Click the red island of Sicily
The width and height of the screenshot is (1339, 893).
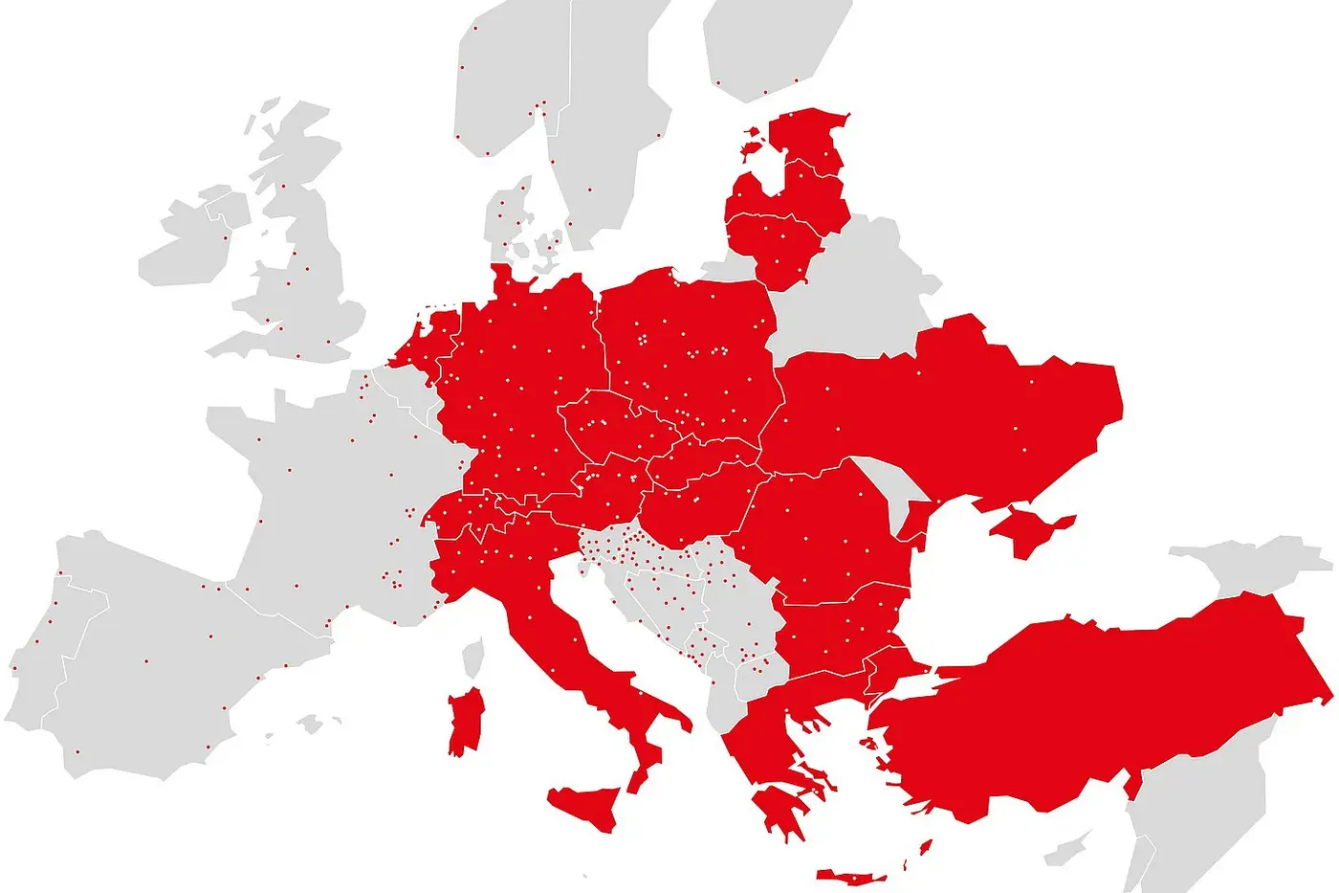tap(588, 805)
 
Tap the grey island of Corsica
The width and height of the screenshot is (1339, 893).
tap(472, 659)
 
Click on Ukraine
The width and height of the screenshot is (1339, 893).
tap(956, 412)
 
